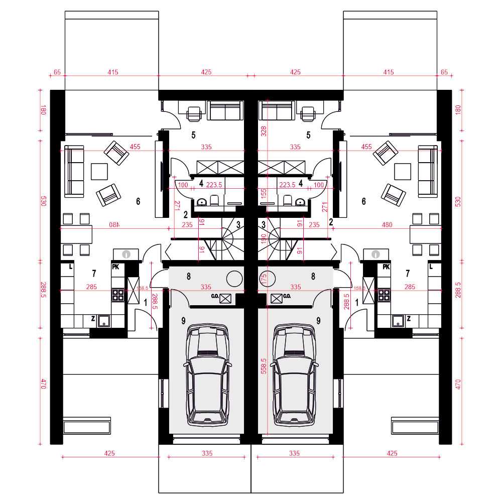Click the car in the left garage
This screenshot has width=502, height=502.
tap(207, 374)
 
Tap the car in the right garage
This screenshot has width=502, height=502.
tap(294, 374)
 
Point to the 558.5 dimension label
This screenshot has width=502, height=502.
tap(264, 366)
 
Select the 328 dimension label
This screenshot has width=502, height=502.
tap(264, 131)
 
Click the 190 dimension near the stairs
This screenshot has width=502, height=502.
tap(264, 239)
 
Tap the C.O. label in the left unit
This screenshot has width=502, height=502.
tap(215, 296)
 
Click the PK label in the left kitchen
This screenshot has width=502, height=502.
tap(115, 267)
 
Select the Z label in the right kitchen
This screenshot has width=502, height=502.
tap(409, 319)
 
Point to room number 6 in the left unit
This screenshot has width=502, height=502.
tap(138, 201)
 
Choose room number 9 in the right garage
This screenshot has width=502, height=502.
tap(318, 320)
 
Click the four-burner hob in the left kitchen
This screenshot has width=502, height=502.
tap(118, 295)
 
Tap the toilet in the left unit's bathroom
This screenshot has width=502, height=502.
tap(214, 200)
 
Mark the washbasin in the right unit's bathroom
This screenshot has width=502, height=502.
tap(300, 202)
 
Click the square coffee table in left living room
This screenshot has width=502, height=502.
tap(99, 172)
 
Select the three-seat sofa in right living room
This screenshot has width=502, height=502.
tap(428, 172)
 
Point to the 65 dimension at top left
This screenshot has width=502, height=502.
tap(57, 72)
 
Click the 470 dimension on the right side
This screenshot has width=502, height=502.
tap(458, 384)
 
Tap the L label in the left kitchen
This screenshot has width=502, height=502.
tap(71, 267)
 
